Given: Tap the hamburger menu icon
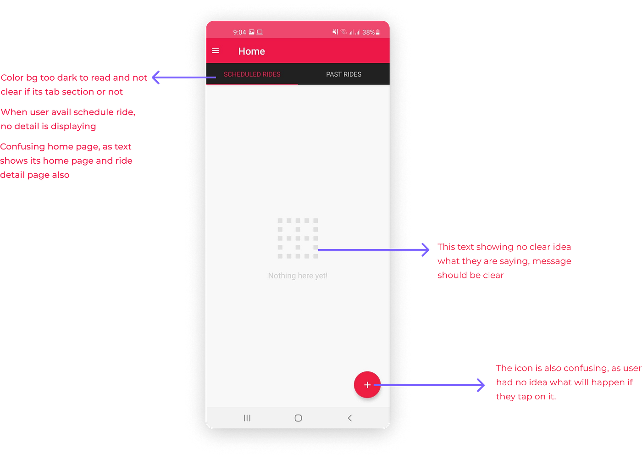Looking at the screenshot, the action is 216,51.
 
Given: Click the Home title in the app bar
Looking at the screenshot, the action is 251,51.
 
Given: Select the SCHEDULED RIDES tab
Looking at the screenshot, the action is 252,74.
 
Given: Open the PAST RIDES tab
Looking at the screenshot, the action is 343,74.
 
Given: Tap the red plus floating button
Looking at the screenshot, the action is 367,385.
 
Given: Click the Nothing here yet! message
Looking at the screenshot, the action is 298,276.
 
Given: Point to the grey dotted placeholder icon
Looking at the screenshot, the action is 298,238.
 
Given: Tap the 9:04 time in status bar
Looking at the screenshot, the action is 239,32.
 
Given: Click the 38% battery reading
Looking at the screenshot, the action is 368,32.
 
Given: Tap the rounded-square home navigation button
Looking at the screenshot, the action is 298,418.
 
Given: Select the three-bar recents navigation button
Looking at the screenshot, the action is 247,418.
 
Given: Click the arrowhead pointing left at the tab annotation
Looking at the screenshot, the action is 156,77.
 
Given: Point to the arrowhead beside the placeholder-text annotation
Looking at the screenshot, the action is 426,249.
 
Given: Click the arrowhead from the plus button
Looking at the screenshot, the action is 481,385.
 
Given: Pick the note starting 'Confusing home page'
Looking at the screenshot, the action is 66,160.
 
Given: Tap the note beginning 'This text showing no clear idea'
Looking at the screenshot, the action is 504,260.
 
